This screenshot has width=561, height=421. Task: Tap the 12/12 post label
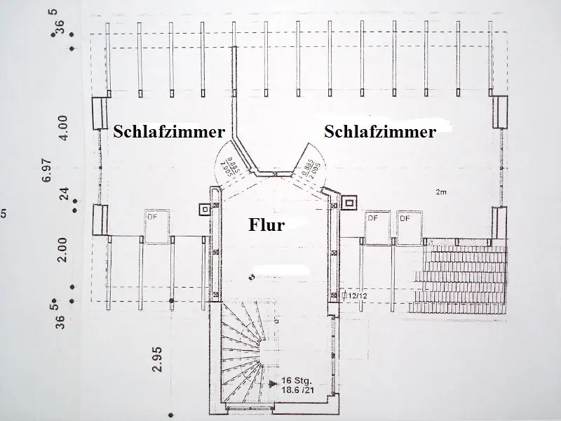(x=357, y=297)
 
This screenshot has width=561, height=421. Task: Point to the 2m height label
(x=441, y=191)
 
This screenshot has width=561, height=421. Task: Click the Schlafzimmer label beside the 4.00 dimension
(x=169, y=131)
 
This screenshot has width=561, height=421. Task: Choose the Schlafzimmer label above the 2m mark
(x=380, y=131)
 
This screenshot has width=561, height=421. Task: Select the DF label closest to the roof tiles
(x=405, y=218)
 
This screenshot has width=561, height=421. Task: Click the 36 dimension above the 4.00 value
(x=60, y=27)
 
